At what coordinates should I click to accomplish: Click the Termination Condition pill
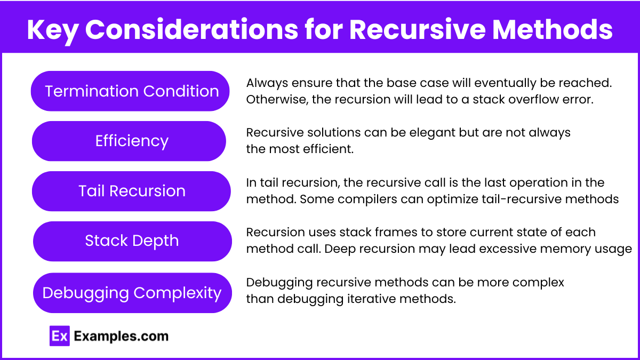click(130, 91)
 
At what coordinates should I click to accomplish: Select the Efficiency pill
click(129, 141)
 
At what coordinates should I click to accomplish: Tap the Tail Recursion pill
click(131, 191)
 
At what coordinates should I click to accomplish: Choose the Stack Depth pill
click(132, 241)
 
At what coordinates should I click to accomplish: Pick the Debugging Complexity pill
click(132, 293)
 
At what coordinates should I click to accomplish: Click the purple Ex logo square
click(59, 336)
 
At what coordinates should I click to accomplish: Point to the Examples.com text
click(121, 337)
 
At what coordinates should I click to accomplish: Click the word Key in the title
click(53, 30)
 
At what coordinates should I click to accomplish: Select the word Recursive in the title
click(418, 29)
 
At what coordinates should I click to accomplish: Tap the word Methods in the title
click(553, 29)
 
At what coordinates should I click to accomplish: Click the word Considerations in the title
click(191, 29)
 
